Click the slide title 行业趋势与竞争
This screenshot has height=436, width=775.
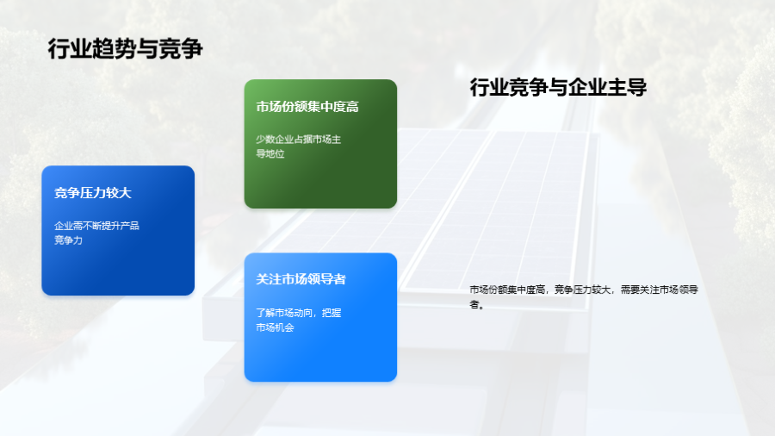click(126, 49)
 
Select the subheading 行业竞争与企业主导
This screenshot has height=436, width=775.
click(558, 88)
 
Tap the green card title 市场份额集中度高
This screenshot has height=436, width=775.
click(307, 107)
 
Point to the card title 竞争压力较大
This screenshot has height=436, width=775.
click(92, 193)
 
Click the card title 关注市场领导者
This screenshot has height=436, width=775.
click(301, 279)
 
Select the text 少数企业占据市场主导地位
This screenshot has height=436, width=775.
click(298, 146)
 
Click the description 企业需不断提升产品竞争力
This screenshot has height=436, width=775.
click(96, 233)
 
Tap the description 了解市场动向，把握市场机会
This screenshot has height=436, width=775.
click(298, 320)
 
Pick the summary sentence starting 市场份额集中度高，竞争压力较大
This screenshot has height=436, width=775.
click(583, 296)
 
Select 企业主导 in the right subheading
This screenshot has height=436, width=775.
click(607, 88)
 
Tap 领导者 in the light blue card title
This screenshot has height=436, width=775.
click(326, 279)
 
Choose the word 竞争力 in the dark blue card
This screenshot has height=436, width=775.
click(68, 240)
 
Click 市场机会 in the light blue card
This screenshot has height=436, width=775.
click(275, 327)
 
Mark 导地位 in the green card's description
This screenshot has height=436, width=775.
click(270, 153)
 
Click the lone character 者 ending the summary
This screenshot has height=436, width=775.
click(474, 304)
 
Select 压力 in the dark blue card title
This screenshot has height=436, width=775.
click(92, 193)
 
